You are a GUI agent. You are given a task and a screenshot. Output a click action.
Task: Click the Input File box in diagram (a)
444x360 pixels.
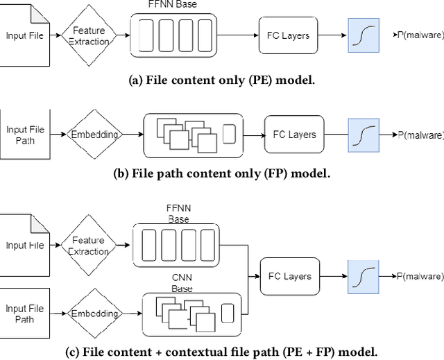[x=25, y=35]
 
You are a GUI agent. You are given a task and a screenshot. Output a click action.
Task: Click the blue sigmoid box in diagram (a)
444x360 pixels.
[x=364, y=35]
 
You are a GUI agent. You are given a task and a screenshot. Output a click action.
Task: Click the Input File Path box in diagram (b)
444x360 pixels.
[x=25, y=135]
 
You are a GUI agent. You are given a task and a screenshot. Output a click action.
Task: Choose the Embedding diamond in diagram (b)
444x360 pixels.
[x=94, y=135]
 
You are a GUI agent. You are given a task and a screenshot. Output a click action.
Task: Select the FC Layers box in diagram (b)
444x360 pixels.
[x=290, y=135]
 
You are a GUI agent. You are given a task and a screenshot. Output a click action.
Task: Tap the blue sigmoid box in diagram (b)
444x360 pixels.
[x=364, y=135]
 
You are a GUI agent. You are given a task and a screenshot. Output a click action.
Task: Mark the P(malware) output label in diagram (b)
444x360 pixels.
[x=420, y=135]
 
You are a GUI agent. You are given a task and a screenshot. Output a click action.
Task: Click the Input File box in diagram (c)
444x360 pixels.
[x=25, y=245]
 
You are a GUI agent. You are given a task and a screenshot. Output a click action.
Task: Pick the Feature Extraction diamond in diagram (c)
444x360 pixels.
[x=89, y=245]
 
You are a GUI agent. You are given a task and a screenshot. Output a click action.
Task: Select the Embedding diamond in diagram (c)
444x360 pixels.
[x=94, y=314]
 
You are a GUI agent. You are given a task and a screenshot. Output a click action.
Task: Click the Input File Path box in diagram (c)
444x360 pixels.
[x=25, y=314]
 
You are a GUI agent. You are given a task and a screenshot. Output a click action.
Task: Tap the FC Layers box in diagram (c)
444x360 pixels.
[x=290, y=276]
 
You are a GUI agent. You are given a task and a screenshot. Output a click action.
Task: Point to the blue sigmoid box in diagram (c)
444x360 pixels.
[x=364, y=276]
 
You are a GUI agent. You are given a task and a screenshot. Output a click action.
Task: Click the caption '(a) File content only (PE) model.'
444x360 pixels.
[x=222, y=80]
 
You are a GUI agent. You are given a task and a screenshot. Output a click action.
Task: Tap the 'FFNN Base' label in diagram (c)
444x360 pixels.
[x=178, y=214]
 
